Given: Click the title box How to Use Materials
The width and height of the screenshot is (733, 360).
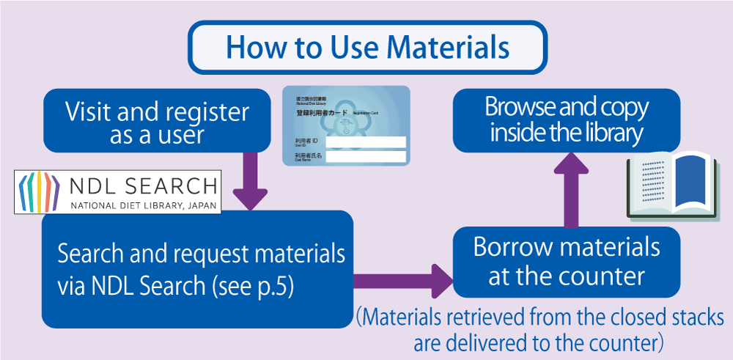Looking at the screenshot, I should click(x=367, y=46).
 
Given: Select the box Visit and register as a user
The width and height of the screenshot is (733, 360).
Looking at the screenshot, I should click(x=157, y=122).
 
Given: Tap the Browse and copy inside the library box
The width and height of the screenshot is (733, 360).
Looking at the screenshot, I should click(x=567, y=120).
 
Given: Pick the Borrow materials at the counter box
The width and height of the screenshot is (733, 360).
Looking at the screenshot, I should click(x=567, y=261).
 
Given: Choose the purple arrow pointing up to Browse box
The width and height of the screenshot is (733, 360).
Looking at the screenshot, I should click(x=564, y=190).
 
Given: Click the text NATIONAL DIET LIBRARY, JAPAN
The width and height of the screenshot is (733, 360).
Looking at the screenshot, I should click(x=144, y=205).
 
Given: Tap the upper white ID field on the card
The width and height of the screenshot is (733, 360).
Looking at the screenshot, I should click(x=365, y=142).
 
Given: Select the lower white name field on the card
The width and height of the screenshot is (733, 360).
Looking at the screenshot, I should click(x=365, y=157).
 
